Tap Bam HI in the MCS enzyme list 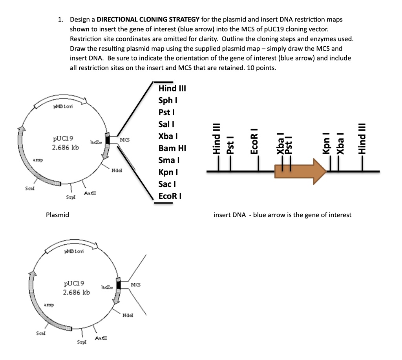pyautogui.click(x=172, y=148)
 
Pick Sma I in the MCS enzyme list pyautogui.click(x=169, y=160)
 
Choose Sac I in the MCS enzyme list pyautogui.click(x=167, y=184)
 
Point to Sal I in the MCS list pyautogui.click(x=166, y=124)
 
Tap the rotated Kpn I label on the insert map pyautogui.click(x=326, y=144)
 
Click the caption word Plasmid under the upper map pyautogui.click(x=57, y=215)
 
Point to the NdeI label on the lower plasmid pyautogui.click(x=127, y=315)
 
